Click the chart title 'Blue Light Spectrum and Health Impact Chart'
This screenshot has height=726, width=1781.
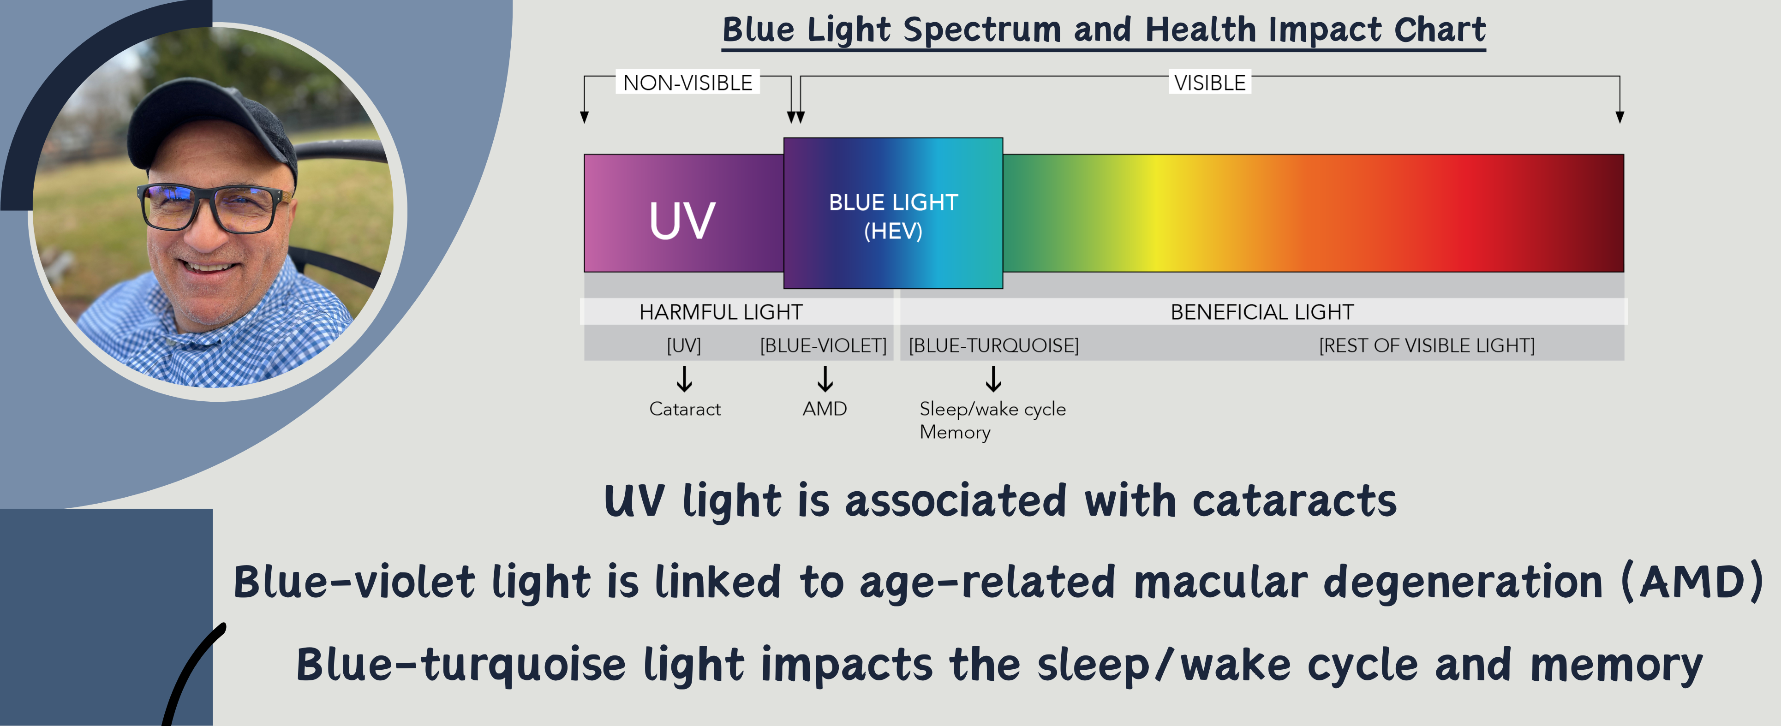pos(1104,30)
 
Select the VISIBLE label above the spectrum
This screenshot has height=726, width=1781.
pos(1210,83)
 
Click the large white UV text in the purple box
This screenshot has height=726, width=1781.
pos(681,221)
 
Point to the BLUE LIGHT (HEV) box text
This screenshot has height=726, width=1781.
pos(893,216)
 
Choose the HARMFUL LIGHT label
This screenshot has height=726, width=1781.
pos(721,312)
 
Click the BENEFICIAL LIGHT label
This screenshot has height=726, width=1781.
pos(1262,312)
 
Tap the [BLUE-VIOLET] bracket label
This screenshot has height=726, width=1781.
pos(823,345)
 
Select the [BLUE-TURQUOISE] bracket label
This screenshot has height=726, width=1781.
pos(993,345)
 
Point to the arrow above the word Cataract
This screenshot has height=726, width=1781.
pos(684,379)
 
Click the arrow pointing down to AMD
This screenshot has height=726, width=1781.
pos(825,379)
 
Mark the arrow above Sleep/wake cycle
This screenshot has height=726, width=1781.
pos(993,379)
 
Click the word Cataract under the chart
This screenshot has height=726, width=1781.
pos(684,409)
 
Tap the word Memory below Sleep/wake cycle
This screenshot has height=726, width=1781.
pos(955,432)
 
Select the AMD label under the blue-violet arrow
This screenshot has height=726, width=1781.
pos(825,409)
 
